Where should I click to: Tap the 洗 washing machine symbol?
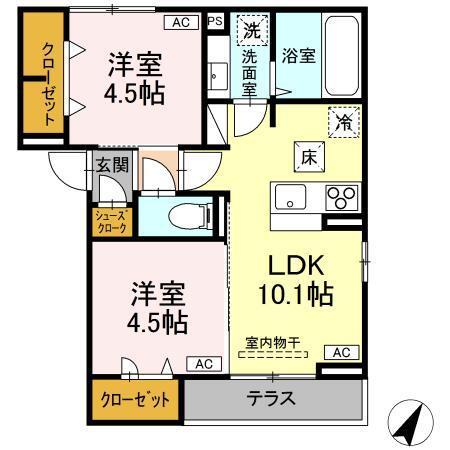(x=250, y=31)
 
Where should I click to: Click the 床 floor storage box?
(x=306, y=155)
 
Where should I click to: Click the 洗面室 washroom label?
(x=250, y=72)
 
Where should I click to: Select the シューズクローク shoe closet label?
(x=111, y=220)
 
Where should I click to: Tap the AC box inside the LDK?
(x=341, y=352)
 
